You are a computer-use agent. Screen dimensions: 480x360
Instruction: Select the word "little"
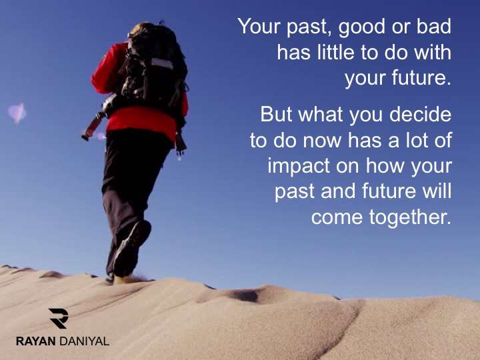(336, 52)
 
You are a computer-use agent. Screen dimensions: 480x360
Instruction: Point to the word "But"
(276, 114)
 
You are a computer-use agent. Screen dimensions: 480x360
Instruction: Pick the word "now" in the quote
(323, 141)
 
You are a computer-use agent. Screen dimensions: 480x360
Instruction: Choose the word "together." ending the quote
(410, 218)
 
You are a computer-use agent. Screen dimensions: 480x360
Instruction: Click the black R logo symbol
(59, 319)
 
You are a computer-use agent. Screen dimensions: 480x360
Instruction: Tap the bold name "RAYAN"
(36, 341)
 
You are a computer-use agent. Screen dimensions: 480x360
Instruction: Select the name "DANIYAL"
(84, 341)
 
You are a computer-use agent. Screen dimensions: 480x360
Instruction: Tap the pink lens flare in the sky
(17, 113)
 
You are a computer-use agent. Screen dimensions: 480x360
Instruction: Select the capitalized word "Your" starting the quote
(259, 26)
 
